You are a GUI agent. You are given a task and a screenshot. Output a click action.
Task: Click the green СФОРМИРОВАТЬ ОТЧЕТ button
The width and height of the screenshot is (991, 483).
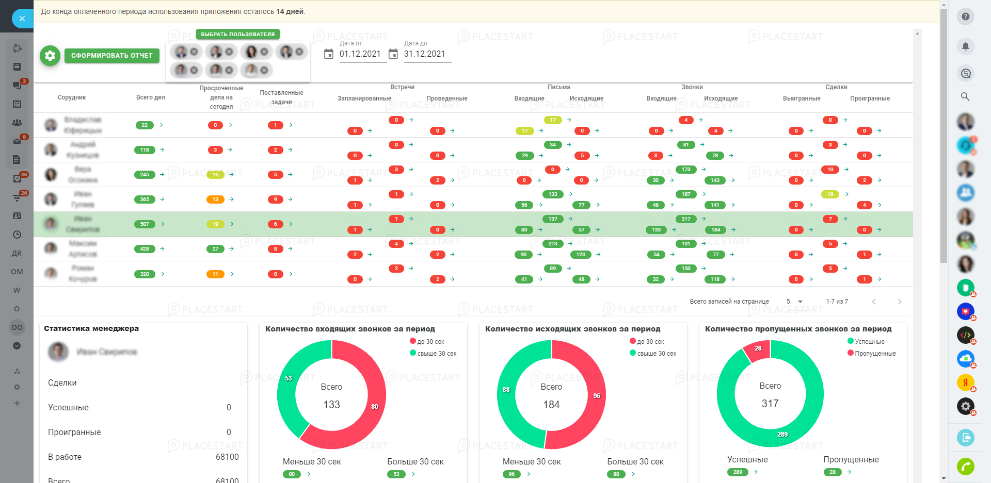pyautogui.click(x=111, y=56)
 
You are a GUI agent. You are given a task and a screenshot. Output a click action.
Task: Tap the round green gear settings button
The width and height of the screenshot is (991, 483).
pyautogui.click(x=50, y=56)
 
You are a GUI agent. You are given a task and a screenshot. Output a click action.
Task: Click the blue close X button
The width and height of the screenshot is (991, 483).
pyautogui.click(x=22, y=19)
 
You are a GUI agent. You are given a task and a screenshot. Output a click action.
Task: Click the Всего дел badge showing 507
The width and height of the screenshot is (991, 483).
pyautogui.click(x=145, y=224)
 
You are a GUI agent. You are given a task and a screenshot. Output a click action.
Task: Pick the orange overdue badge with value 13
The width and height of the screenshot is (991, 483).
pyautogui.click(x=215, y=199)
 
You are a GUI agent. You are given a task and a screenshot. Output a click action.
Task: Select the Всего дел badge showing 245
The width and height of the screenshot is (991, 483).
pyautogui.click(x=145, y=175)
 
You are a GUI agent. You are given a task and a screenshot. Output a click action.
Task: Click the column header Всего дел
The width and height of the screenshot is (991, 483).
pyautogui.click(x=150, y=97)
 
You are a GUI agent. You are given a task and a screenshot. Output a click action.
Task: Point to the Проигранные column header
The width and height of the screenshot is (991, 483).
pyautogui.click(x=870, y=98)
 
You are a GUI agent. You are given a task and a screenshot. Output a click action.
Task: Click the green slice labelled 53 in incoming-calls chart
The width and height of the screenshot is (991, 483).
pyautogui.click(x=289, y=378)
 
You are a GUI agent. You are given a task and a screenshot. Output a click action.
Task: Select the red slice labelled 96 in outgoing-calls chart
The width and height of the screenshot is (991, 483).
pyautogui.click(x=597, y=396)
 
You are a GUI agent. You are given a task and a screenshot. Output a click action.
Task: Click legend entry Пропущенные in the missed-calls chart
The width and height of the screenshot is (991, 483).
pyautogui.click(x=875, y=354)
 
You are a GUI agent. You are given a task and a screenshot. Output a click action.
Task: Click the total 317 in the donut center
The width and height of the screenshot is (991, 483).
pyautogui.click(x=770, y=404)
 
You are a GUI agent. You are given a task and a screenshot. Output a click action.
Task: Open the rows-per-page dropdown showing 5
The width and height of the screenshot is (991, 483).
pyautogui.click(x=794, y=302)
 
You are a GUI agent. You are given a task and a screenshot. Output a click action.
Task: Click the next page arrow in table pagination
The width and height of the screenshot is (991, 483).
pyautogui.click(x=899, y=302)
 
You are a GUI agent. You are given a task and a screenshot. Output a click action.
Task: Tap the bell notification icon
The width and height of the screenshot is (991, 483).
pyautogui.click(x=965, y=46)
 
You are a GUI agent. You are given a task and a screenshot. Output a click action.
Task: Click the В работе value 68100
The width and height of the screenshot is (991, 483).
pyautogui.click(x=227, y=457)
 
